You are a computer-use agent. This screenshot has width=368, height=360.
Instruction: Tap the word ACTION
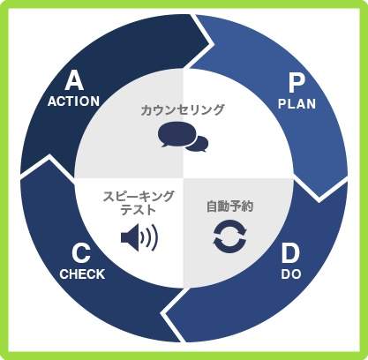(73, 101)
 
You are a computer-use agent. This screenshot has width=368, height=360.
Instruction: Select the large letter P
(297, 83)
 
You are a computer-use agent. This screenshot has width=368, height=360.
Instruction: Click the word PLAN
(297, 104)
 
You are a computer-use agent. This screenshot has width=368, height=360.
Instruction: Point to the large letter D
(290, 254)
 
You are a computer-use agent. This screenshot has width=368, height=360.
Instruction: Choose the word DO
(291, 274)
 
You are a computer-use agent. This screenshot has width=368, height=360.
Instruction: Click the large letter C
(81, 254)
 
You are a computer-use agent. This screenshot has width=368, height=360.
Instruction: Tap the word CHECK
(82, 274)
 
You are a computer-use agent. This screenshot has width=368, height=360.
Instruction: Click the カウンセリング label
(183, 110)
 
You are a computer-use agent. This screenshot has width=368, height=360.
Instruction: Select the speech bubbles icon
(183, 137)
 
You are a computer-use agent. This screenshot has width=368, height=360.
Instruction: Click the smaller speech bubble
(199, 144)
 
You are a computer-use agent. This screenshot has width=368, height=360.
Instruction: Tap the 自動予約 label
(229, 206)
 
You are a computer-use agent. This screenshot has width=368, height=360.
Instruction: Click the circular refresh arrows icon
(229, 236)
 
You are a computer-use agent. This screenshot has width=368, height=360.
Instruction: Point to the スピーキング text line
(139, 197)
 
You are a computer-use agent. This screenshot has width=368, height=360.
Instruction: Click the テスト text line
(139, 210)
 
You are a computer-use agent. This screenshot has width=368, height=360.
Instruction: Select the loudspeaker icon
(139, 237)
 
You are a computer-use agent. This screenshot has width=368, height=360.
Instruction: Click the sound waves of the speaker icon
(150, 237)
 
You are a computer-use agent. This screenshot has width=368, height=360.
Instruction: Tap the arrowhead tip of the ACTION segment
(214, 44)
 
